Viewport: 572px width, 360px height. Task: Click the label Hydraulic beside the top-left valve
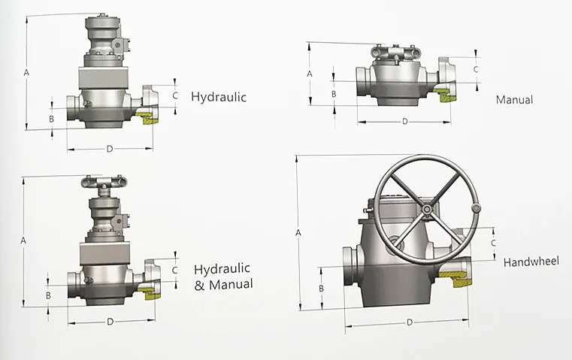219,97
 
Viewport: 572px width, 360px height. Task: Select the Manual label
514,100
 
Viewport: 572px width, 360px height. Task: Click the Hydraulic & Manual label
223,277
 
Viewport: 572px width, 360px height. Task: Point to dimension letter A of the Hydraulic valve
26,73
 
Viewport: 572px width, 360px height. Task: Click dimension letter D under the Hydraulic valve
109,149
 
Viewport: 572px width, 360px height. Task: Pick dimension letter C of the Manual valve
475,69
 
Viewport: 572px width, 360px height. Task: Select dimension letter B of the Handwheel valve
322,288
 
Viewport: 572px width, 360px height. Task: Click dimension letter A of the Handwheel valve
298,233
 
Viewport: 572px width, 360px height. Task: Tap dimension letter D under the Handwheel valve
410,322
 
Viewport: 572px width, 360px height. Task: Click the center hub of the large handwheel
427,209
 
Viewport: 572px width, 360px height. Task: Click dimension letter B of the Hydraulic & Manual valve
49,295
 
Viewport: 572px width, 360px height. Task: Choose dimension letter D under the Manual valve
404,121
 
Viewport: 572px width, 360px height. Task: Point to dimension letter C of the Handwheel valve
493,243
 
